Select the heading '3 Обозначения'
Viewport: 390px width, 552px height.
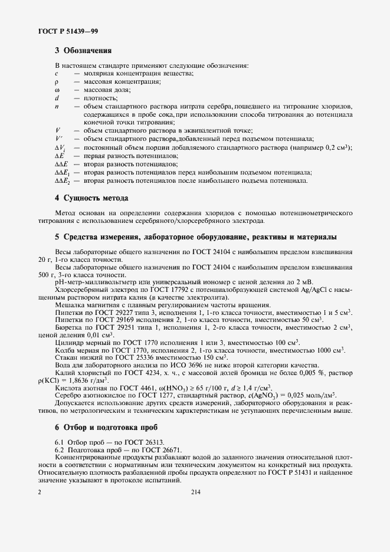pos(83,51)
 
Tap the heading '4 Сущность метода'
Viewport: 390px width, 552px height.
pos(91,198)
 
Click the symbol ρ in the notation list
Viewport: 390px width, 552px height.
pos(57,81)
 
